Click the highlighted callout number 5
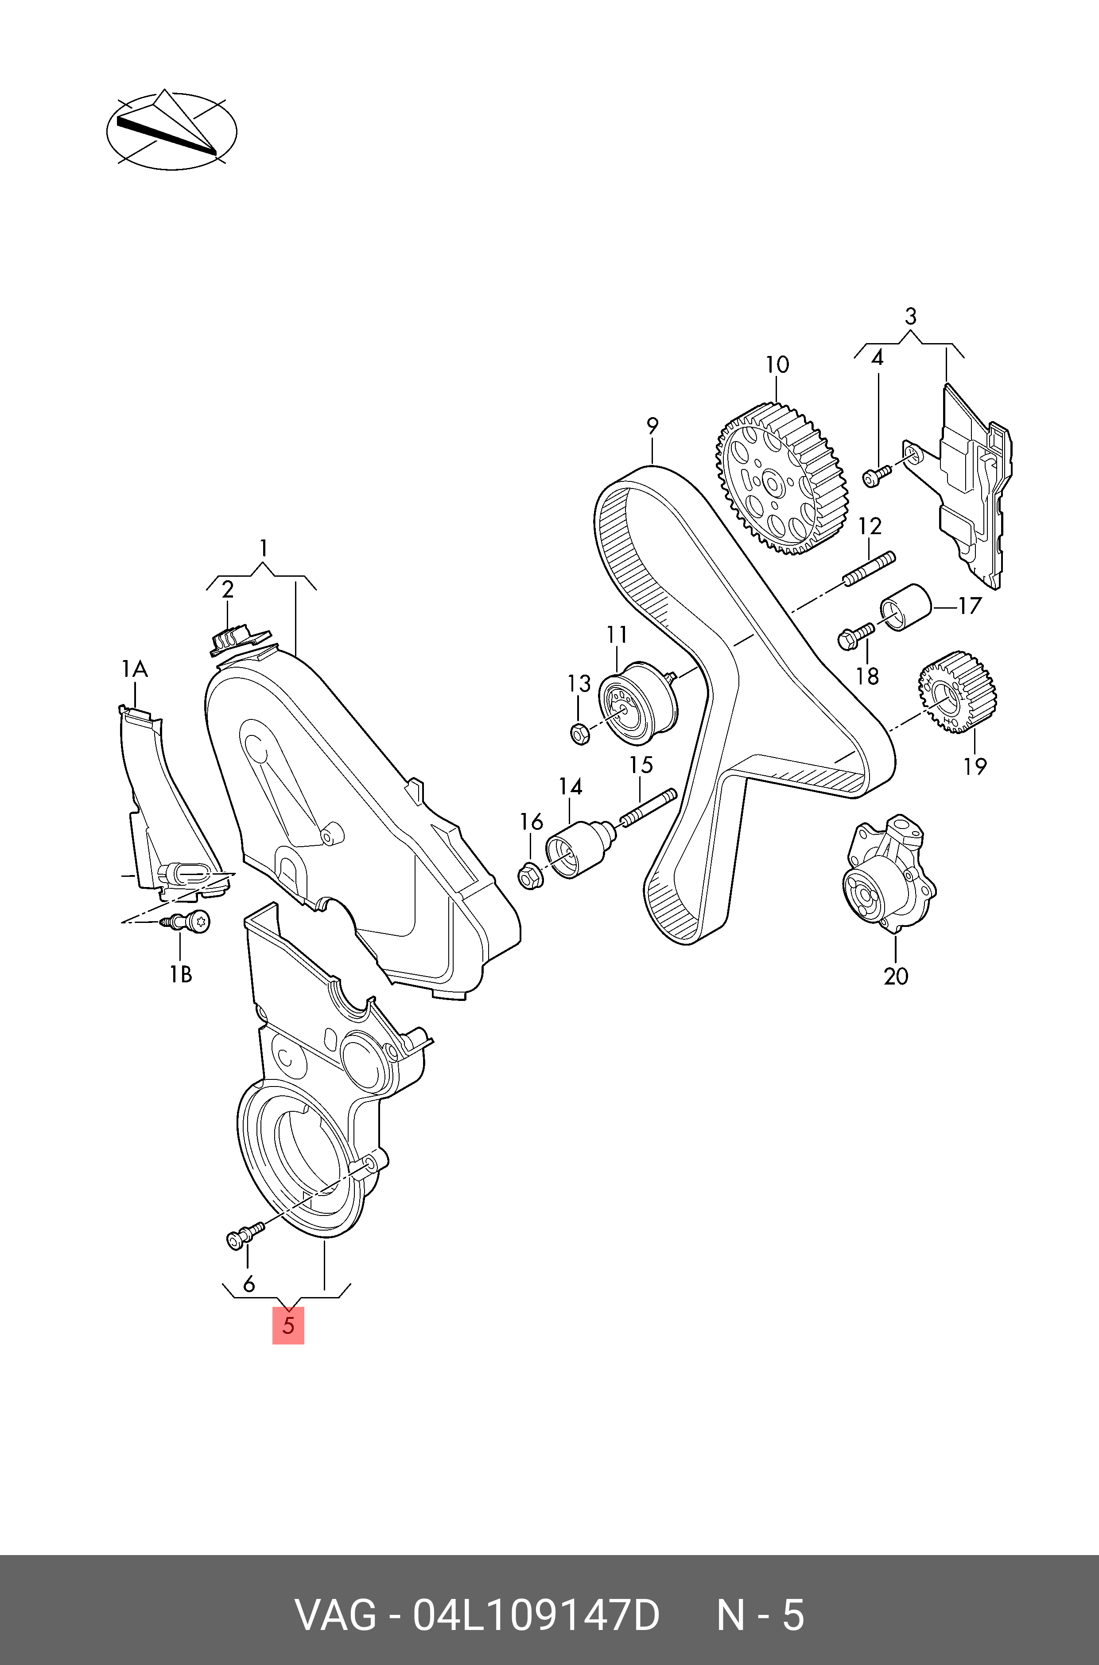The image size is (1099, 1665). coord(288,1325)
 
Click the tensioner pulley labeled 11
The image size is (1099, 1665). coord(638,703)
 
